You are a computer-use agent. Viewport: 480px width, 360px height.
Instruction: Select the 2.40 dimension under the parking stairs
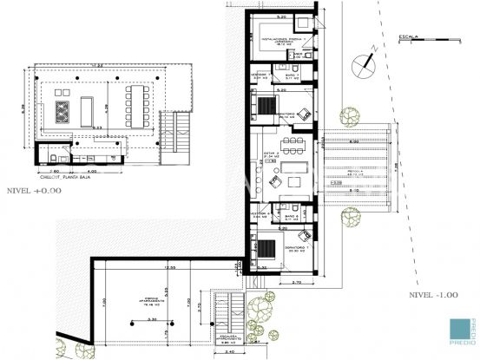[228, 351]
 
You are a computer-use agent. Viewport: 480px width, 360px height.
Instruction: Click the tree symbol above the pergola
[350, 116]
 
